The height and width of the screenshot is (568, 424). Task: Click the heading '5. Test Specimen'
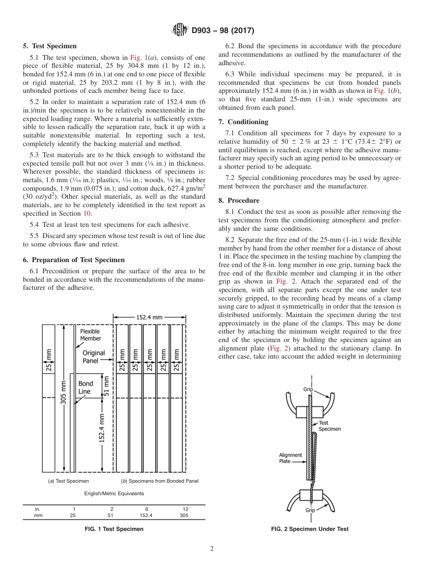click(x=50, y=46)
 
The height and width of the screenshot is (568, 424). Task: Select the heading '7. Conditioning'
click(x=243, y=122)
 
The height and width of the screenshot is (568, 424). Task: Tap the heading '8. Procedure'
click(x=239, y=200)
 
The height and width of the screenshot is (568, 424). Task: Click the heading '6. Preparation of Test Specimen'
click(x=74, y=260)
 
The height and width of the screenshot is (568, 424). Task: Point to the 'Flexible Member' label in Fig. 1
click(x=90, y=335)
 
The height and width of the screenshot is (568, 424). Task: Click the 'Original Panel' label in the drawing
click(x=94, y=356)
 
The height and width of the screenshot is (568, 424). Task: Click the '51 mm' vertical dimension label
click(x=106, y=384)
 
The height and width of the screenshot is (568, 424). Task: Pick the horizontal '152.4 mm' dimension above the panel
click(x=150, y=317)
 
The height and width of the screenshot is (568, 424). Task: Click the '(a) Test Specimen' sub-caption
click(x=68, y=481)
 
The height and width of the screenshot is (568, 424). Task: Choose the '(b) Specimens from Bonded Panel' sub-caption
click(x=160, y=481)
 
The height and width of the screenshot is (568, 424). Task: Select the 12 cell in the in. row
click(x=185, y=509)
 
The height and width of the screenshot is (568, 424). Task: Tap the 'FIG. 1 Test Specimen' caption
click(x=114, y=529)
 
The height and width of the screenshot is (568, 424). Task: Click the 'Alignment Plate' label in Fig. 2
click(x=291, y=458)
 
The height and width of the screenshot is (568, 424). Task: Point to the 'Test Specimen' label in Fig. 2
click(x=329, y=426)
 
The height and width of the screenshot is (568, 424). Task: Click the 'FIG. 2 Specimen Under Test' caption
click(x=310, y=529)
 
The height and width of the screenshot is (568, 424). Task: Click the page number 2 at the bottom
click(x=212, y=549)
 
